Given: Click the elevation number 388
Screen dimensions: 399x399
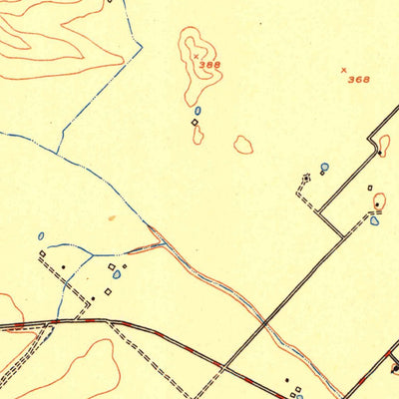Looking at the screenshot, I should pyautogui.click(x=208, y=65).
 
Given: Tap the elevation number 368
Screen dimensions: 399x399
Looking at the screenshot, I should pyautogui.click(x=358, y=79).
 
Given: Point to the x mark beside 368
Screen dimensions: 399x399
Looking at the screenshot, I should pyautogui.click(x=344, y=70).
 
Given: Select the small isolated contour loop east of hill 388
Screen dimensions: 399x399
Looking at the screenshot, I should pyautogui.click(x=242, y=145).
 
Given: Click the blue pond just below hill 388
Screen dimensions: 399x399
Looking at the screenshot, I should pyautogui.click(x=198, y=111).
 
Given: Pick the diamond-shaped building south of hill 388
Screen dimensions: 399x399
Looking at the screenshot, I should pyautogui.click(x=194, y=123).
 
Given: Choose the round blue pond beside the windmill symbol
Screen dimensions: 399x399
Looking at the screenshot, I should pyautogui.click(x=324, y=168).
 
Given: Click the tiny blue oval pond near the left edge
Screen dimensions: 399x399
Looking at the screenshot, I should pyautogui.click(x=41, y=236).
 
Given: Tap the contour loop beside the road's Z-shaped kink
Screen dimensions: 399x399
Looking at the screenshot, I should pyautogui.click(x=384, y=146).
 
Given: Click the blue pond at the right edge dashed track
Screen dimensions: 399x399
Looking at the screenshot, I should pyautogui.click(x=374, y=220).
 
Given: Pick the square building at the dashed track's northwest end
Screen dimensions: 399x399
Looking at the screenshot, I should pyautogui.click(x=42, y=255).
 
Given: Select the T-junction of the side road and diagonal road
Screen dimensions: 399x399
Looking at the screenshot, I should pyautogui.click(x=344, y=236).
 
